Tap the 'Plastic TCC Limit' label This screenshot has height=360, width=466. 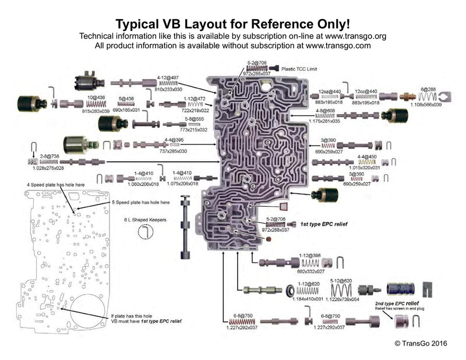coord(302,68)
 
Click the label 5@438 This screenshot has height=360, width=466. coord(126,99)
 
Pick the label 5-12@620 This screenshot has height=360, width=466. coord(341,281)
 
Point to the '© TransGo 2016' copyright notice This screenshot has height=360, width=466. coord(420,343)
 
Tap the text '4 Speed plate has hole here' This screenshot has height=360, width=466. coord(56,185)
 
